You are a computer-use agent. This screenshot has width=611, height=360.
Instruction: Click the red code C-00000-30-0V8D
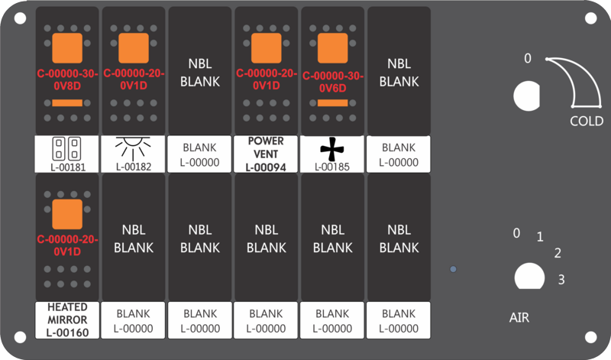click(67, 79)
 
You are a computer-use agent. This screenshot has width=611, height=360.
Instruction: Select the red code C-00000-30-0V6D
click(333, 82)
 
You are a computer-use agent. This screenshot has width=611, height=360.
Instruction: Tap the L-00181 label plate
click(67, 154)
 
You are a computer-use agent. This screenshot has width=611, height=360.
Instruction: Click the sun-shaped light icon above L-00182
click(133, 148)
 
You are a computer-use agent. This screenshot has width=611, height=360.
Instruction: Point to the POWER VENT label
click(266, 148)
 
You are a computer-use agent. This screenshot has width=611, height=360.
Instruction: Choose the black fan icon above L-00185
click(332, 148)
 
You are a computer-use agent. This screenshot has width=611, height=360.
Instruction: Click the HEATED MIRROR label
click(67, 313)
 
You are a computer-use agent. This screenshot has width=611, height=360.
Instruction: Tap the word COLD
click(587, 122)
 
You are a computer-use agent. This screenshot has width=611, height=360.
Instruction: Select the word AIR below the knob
click(519, 317)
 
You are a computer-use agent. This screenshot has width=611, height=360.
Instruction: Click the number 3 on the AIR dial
click(561, 280)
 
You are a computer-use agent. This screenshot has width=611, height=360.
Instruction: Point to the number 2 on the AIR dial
click(558, 253)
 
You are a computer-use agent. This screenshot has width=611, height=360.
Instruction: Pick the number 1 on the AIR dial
click(540, 237)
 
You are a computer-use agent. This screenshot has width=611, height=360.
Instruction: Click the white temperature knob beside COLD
click(526, 96)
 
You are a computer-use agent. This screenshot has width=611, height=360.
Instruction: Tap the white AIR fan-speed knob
click(529, 277)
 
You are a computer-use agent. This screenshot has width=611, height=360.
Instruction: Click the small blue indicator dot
click(453, 269)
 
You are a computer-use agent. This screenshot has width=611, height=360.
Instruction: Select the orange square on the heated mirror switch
click(67, 214)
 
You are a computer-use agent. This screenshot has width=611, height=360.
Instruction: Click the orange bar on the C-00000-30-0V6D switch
click(333, 103)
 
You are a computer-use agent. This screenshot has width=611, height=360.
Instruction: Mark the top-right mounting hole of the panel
click(590, 18)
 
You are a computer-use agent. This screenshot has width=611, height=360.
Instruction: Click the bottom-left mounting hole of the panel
click(20, 337)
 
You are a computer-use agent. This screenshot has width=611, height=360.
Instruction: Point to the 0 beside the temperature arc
click(528, 59)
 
